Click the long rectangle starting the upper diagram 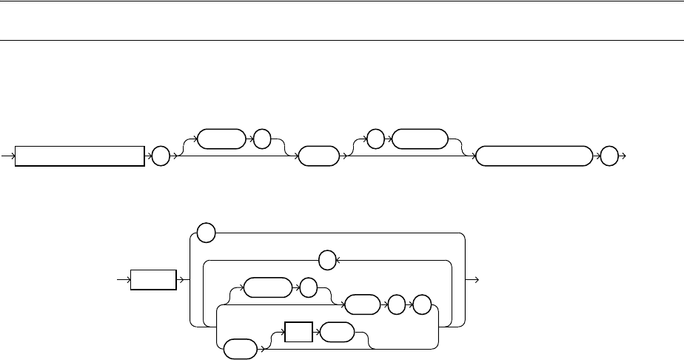point(80,156)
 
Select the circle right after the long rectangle point(159,156)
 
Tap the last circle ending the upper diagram point(608,156)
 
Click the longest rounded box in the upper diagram point(534,156)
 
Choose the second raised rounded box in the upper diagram point(420,139)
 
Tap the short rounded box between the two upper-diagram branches point(316,156)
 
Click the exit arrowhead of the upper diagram point(624,156)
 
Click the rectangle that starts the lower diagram point(153,280)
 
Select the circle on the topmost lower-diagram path point(207,233)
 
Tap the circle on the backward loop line point(326,261)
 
